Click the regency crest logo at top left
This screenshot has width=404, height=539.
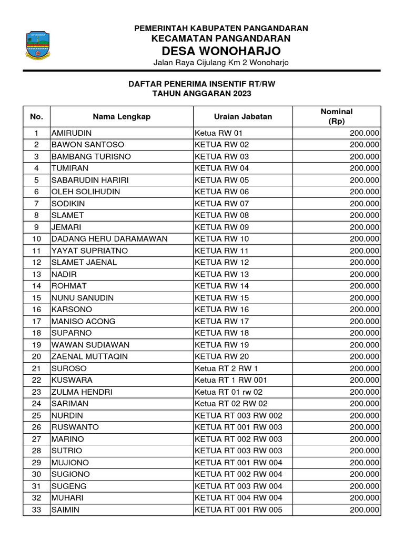coord(38,46)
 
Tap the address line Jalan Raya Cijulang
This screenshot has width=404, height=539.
coord(221,63)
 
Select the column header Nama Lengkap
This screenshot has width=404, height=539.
coord(122,117)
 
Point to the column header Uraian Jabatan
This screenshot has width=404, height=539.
coord(243,117)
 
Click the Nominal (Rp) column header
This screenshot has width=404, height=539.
coord(336,116)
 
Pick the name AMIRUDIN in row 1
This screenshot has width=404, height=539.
coord(71,133)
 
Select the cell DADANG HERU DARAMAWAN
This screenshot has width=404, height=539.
coord(109,239)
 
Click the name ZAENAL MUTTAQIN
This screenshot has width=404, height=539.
coord(89,356)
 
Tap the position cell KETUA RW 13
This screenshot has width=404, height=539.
coord(221,274)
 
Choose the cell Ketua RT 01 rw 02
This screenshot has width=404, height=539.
coord(228,392)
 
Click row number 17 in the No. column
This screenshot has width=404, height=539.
coord(36,321)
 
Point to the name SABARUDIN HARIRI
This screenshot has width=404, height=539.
coord(90,180)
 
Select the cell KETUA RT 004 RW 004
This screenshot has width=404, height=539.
coord(238,497)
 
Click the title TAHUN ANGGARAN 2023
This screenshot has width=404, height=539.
coord(202,94)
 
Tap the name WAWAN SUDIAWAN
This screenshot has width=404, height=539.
coord(90,345)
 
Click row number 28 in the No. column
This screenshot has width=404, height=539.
coord(36,451)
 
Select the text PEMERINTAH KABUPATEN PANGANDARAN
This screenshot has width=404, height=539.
coord(221,28)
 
